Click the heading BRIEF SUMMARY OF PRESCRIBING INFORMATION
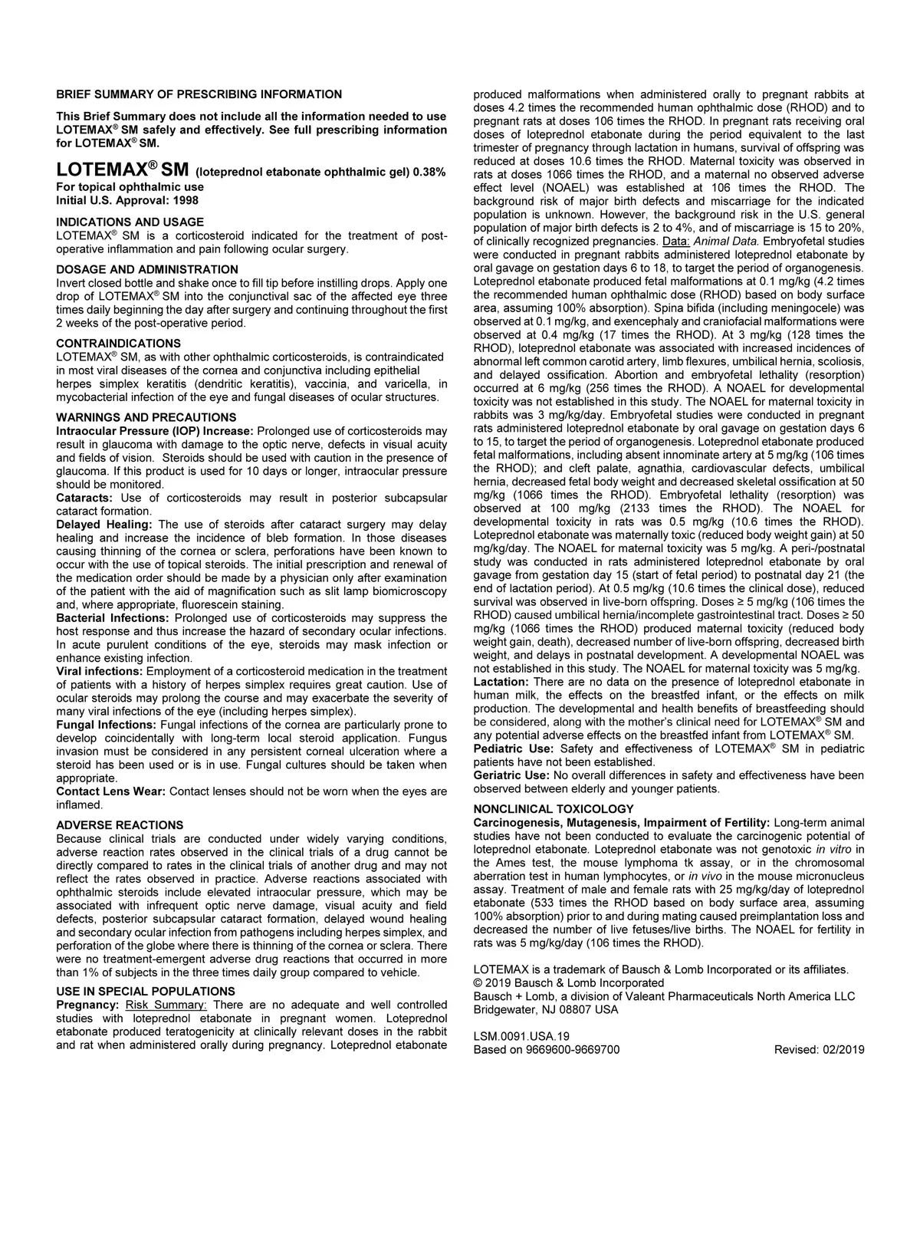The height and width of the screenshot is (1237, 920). click(199, 94)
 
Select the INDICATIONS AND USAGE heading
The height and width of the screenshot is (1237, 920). click(130, 222)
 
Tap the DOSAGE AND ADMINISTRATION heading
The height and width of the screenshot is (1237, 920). click(147, 269)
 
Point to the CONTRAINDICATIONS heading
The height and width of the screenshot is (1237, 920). click(119, 343)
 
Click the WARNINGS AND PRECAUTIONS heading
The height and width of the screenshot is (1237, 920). click(146, 417)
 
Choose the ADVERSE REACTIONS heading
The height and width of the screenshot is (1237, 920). click(120, 825)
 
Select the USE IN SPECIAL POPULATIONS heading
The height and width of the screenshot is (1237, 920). click(146, 992)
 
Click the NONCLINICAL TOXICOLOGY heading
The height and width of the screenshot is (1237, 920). click(554, 809)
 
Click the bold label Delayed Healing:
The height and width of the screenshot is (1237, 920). click(104, 525)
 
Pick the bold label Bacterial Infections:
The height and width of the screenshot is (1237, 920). click(113, 618)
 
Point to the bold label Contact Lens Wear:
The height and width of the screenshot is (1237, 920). click(110, 791)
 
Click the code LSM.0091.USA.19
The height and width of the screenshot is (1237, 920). click(521, 1036)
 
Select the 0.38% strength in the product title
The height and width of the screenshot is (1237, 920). click(429, 172)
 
